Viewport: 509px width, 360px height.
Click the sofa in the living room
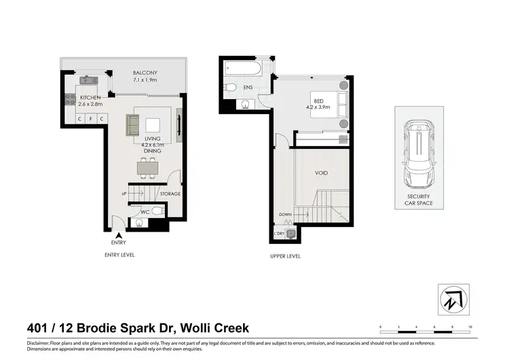[x=133, y=125]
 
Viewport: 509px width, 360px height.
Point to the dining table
[x=147, y=166]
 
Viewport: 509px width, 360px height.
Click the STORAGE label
[x=170, y=194]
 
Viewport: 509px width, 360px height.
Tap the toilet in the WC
[x=157, y=211]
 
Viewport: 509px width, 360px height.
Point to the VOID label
[x=321, y=173]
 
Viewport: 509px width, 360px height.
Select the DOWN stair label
[x=285, y=215]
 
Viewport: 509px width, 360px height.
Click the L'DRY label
[x=278, y=234]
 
